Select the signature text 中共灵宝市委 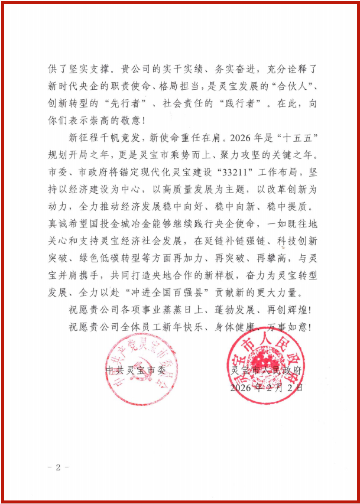coord(131,371)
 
